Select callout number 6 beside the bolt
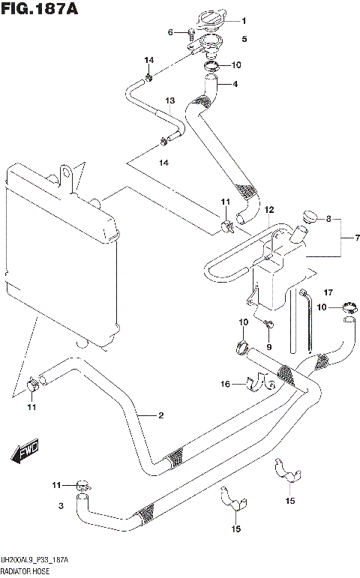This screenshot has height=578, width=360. click(170, 31)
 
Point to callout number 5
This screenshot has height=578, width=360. click(244, 37)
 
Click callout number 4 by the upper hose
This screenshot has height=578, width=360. click(235, 84)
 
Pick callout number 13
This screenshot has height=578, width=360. click(169, 100)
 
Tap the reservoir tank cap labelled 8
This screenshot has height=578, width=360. click(306, 218)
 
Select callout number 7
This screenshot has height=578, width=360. click(357, 238)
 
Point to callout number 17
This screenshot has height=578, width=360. click(327, 292)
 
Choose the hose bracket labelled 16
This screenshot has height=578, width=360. click(259, 383)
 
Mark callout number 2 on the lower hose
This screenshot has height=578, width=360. click(160, 414)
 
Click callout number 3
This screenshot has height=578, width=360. click(61, 507)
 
